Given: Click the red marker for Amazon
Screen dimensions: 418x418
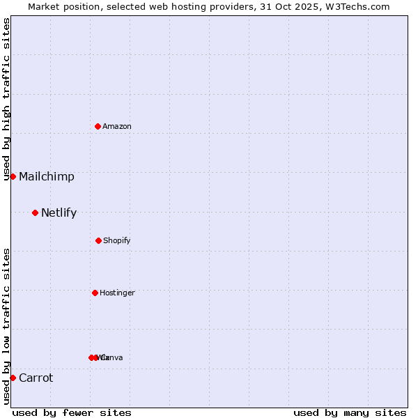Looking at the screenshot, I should point(98,126).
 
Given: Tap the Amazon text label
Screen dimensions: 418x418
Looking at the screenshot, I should point(117,126).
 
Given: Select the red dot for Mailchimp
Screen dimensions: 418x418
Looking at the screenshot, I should point(13,176).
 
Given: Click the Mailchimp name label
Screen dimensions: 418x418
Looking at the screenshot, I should point(47,177).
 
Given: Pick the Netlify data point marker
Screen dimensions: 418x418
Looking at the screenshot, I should point(35,212).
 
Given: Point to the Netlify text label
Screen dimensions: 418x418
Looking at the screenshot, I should point(59,213).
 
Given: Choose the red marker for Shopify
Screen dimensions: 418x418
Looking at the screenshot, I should point(98,240).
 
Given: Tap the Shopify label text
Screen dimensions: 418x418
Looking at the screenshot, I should point(117,240).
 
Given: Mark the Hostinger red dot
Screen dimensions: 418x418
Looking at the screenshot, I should point(95,293).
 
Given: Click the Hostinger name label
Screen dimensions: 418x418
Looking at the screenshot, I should point(117,293).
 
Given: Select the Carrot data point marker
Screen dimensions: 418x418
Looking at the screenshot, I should point(13,378).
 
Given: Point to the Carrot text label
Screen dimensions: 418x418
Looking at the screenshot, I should point(36,378).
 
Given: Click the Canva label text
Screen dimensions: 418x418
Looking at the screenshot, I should point(113,357).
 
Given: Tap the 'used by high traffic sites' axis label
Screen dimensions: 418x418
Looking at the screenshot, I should point(6,100).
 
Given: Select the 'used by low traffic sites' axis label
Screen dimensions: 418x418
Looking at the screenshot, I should point(6,326).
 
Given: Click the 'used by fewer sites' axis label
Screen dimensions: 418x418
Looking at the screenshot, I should point(72,412).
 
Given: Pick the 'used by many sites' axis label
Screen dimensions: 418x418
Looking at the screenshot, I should point(350,412).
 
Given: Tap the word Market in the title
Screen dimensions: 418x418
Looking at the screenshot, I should point(45,6).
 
